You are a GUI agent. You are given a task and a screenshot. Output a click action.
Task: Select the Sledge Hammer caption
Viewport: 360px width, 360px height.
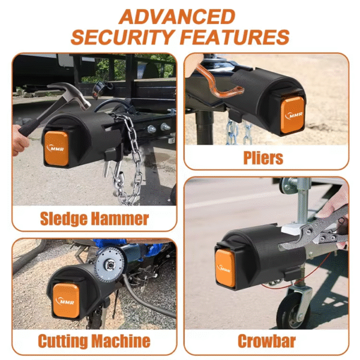point(94,218)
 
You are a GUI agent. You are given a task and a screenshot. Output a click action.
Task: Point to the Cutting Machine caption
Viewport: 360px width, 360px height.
point(94,341)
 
